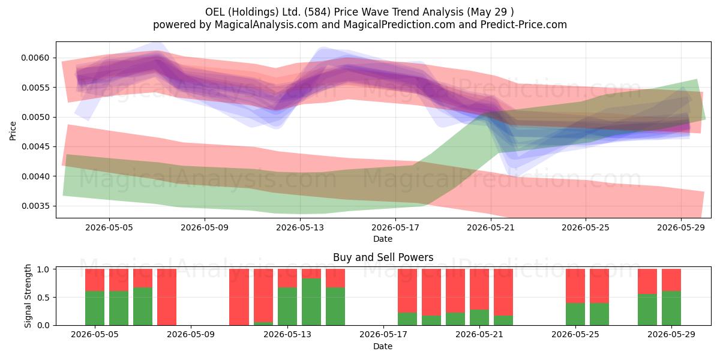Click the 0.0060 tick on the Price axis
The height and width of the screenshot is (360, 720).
click(x=35, y=58)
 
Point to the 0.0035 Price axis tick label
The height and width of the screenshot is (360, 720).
click(x=35, y=206)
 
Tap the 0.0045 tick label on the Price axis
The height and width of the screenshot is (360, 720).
click(x=35, y=147)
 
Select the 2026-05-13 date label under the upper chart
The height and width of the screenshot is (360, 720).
click(x=300, y=227)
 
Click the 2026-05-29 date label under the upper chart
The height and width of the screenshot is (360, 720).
click(x=681, y=227)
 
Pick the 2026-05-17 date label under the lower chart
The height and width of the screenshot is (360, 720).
click(x=383, y=335)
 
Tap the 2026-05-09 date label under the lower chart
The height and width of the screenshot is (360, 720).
click(x=191, y=335)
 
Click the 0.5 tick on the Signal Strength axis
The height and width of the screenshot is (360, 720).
click(x=44, y=298)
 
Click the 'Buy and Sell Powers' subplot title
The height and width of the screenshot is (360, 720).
click(x=383, y=257)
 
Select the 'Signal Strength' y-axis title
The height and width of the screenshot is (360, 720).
click(x=28, y=296)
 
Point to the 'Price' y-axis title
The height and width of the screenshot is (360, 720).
click(x=13, y=131)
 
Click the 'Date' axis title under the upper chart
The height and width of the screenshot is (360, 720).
click(x=383, y=239)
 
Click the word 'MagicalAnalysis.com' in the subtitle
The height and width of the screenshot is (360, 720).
click(x=266, y=25)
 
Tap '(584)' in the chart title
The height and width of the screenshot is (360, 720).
click(x=317, y=12)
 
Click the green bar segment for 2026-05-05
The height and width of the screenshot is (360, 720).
click(x=95, y=308)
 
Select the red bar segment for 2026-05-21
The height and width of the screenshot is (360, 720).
click(x=479, y=289)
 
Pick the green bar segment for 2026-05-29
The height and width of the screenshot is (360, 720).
click(x=671, y=308)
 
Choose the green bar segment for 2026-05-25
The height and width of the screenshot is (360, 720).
click(x=575, y=314)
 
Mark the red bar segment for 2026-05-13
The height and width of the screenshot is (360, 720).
click(x=287, y=278)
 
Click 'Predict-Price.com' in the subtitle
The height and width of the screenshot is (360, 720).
click(x=524, y=25)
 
